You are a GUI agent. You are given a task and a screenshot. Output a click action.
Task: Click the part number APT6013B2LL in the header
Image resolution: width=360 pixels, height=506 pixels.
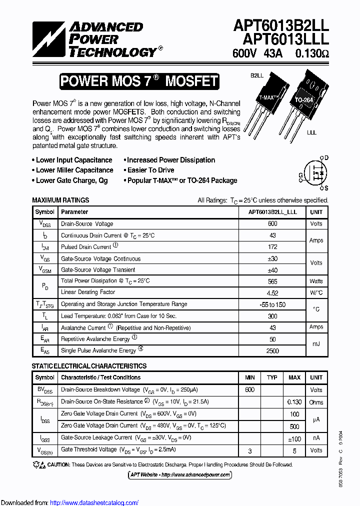[x=280, y=26]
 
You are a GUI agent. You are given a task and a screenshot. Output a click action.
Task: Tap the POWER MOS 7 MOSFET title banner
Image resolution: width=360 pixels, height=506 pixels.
[x=139, y=81]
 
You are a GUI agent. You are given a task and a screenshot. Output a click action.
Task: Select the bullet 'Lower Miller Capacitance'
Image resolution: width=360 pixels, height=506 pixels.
[x=74, y=170]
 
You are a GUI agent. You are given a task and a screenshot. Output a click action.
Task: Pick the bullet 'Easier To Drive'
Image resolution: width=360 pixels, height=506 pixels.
[x=150, y=170]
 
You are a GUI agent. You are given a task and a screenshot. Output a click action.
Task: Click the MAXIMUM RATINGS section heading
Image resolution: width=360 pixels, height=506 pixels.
[x=60, y=200]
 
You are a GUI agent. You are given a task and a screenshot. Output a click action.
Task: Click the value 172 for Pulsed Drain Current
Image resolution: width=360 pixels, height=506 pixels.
[x=272, y=247]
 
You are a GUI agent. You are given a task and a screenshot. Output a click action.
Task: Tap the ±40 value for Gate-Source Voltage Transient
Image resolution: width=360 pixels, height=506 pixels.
[x=272, y=270]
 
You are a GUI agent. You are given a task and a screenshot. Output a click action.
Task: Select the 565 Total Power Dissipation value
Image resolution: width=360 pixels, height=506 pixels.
[x=272, y=281]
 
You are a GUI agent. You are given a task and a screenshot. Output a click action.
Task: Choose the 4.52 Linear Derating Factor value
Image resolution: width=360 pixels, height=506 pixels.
[x=272, y=292]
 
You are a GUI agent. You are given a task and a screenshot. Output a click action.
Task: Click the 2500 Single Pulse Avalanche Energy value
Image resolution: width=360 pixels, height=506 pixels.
[x=272, y=351]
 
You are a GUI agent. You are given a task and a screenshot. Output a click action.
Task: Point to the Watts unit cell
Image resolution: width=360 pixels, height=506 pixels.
[x=316, y=281]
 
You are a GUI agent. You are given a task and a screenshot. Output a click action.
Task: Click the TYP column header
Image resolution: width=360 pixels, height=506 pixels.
[x=272, y=377]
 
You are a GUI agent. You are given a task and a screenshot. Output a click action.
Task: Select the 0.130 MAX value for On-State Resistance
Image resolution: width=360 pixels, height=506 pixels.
[x=294, y=402]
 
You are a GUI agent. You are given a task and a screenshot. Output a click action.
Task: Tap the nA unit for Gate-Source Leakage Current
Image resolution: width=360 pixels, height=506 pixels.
[x=316, y=438]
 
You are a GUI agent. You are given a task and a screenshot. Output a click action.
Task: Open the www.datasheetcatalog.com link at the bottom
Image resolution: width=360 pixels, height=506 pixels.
[x=94, y=502]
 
